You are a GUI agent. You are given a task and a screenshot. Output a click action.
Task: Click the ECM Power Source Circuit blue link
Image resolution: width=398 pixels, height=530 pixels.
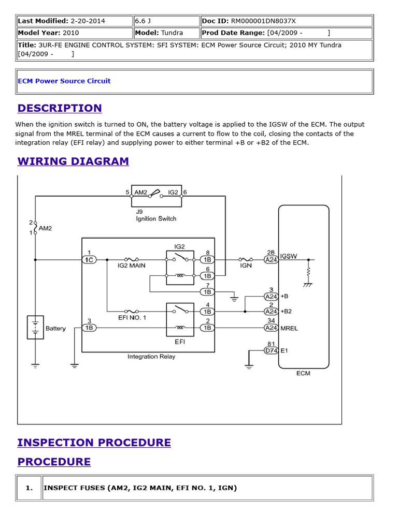point(64,81)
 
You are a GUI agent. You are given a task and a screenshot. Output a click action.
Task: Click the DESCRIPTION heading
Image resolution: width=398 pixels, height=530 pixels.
point(60,108)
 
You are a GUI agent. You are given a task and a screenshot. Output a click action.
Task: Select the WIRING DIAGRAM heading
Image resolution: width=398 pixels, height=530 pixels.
point(73,161)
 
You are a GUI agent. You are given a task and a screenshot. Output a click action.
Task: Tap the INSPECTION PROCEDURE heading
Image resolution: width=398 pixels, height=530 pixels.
point(94,443)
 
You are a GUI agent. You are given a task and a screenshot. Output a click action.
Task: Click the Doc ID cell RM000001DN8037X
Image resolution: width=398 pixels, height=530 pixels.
point(286,21)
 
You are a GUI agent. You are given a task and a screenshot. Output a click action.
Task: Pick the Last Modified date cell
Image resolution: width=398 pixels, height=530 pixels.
point(74,21)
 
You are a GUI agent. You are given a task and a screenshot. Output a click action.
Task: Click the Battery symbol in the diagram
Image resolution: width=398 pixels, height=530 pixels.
point(35,328)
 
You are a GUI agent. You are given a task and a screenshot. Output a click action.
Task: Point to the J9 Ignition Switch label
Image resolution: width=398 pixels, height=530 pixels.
point(156,215)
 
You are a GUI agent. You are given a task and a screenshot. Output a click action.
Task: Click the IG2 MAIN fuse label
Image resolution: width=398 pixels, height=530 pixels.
point(131,266)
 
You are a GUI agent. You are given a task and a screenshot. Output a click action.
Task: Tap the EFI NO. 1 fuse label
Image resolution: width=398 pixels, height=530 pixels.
point(132,317)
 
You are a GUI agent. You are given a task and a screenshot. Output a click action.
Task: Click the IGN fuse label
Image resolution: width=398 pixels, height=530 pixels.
point(246,266)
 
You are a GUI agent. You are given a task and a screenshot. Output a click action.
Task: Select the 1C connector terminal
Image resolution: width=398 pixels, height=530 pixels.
point(89,259)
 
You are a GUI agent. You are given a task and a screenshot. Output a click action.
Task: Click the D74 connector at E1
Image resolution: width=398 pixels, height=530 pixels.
point(271,350)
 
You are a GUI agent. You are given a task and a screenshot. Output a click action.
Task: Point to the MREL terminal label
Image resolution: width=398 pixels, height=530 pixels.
point(289,328)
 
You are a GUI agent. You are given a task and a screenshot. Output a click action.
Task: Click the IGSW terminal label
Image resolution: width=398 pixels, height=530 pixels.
point(289,257)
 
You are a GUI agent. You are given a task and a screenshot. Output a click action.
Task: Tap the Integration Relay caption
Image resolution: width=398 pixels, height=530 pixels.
point(151,357)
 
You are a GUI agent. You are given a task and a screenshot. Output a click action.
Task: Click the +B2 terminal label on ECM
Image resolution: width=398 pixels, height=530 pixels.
point(287,312)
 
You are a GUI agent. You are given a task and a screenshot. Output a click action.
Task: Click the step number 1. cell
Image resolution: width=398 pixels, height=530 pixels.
point(29,488)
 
